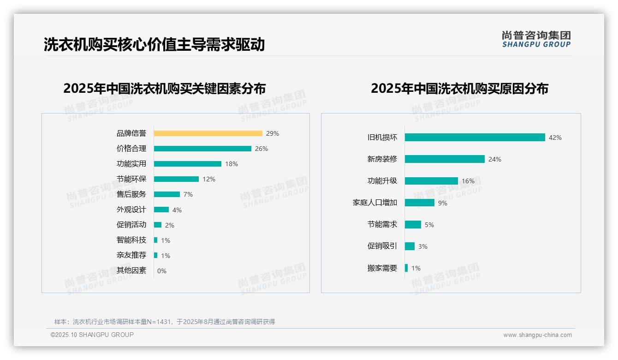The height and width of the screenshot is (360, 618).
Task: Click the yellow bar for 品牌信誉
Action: coord(208,133)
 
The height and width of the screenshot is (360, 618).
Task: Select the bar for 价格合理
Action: coord(202,149)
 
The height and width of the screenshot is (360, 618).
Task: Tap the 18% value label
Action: coord(232,164)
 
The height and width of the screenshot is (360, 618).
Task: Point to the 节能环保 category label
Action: coord(131,179)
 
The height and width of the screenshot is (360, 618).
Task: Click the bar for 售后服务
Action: coord(167,194)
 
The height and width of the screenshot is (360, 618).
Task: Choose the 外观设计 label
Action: coord(131,210)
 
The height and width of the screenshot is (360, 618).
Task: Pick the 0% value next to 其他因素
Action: coord(162,271)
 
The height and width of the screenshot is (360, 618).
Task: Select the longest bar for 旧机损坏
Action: coord(475,138)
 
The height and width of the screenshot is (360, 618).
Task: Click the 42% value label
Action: coord(555,138)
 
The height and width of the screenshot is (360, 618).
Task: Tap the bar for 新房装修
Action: coord(445,159)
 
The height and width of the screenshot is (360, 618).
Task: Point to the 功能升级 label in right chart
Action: coord(382,181)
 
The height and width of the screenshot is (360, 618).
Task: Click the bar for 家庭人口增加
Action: coord(420,203)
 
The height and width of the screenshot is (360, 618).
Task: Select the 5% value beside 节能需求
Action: coord(429,225)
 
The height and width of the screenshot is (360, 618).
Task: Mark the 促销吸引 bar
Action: coord(410,246)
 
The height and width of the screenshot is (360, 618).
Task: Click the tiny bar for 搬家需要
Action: coord(406,268)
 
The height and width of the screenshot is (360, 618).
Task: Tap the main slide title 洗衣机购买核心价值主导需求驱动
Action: coord(154,45)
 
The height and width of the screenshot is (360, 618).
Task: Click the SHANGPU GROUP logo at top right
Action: coord(536,39)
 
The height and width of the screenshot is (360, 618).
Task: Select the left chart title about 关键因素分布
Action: coord(165,88)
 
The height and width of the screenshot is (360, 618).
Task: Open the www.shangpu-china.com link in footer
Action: coord(537,335)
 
